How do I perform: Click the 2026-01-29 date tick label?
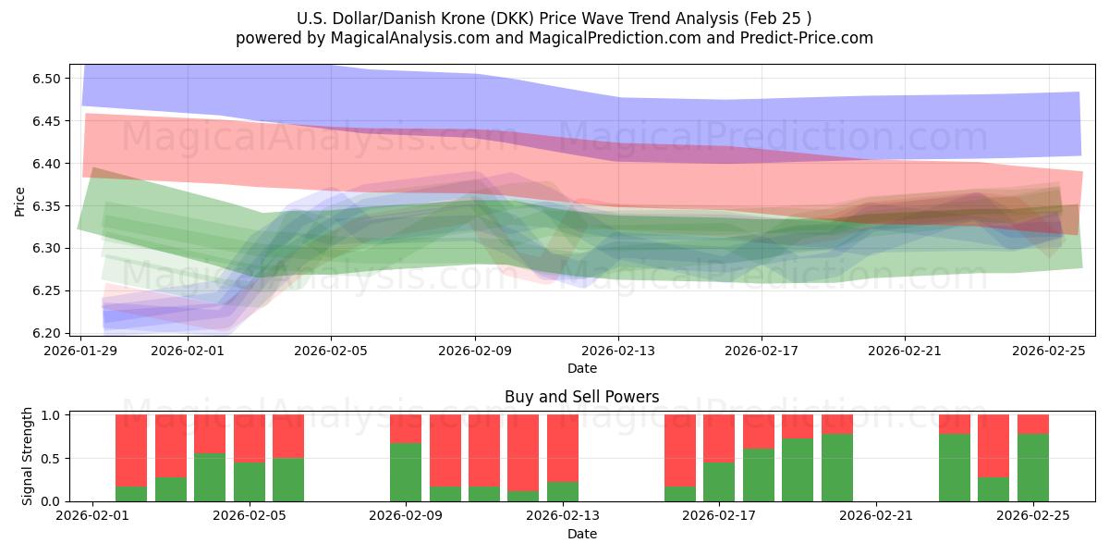pos(81,351)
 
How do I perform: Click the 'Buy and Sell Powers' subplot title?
pos(581,397)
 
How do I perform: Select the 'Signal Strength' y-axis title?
pos(28,455)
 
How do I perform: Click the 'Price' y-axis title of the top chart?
pos(20,201)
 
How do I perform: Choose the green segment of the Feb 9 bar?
pos(406,472)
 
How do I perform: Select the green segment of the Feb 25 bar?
pos(1033,467)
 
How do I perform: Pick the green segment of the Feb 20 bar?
pos(837,467)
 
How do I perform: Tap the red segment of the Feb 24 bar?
pos(993,445)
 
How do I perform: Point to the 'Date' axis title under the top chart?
pos(581,368)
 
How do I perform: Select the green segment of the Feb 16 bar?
pos(680,494)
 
